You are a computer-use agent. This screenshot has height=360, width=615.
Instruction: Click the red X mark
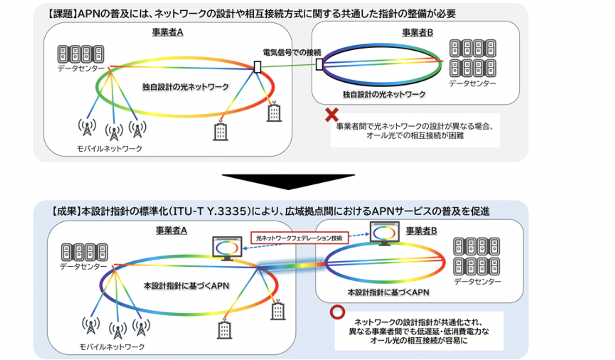tap(331, 115)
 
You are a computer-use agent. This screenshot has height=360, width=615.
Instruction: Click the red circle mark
tap(337, 312)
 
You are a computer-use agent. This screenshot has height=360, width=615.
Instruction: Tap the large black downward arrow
tap(288, 182)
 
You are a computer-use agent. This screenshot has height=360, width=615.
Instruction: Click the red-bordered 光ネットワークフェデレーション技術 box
tap(300, 238)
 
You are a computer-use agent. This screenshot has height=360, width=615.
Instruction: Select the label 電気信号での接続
tap(292, 52)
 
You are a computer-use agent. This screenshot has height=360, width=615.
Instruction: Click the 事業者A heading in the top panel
tap(168, 32)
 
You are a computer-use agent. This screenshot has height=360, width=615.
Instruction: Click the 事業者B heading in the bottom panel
tap(421, 231)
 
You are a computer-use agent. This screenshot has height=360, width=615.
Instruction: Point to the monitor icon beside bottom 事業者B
tap(384, 234)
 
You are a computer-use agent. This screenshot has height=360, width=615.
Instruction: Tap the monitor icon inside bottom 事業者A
tap(227, 248)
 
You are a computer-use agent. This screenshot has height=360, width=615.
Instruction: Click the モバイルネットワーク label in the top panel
tap(109, 148)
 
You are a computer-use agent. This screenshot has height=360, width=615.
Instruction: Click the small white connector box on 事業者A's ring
tap(257, 67)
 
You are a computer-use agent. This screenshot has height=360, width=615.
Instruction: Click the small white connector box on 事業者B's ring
tap(319, 64)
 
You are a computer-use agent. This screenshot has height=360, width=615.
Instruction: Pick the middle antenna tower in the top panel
tap(114, 132)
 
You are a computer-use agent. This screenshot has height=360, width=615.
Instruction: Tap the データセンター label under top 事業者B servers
tap(472, 83)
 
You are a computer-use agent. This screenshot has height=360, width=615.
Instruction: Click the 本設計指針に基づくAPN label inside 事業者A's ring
tap(186, 286)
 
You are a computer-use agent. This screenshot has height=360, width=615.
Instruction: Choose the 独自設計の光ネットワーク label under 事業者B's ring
tap(384, 95)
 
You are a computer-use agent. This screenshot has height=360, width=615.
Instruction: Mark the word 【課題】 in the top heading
tap(62, 13)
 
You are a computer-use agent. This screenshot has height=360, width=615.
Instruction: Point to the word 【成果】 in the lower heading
tap(66, 212)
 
